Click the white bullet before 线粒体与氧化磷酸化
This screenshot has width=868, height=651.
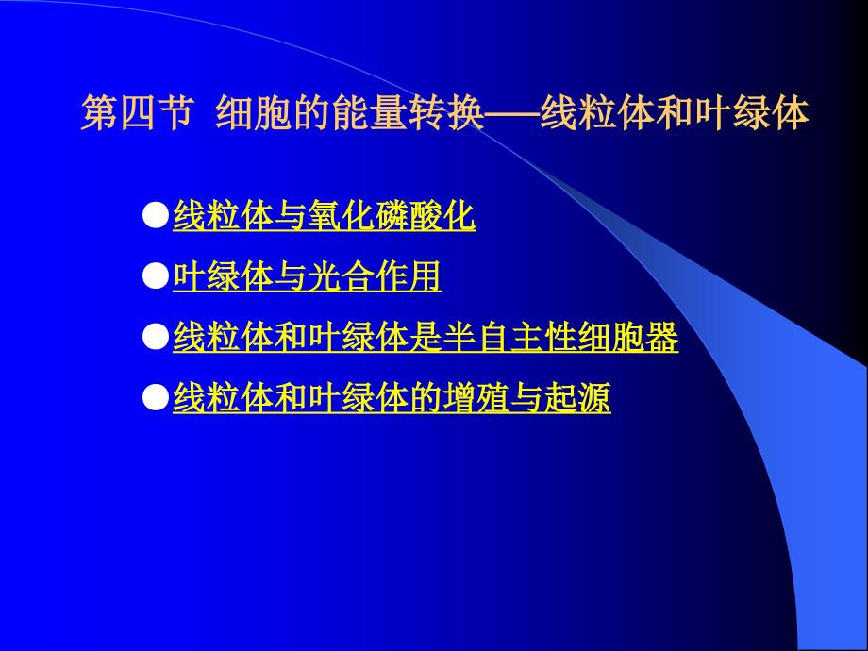click(x=156, y=215)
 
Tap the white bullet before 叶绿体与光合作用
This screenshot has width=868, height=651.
click(x=156, y=275)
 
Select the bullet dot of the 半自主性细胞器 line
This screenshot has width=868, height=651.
click(x=156, y=337)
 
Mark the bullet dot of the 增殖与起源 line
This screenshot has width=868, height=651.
click(x=156, y=397)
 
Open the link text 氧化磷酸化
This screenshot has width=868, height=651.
click(x=392, y=215)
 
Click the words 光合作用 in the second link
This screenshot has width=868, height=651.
click(x=375, y=275)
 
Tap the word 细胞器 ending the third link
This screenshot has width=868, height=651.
click(x=627, y=337)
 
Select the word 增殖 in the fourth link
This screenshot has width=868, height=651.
click(x=476, y=397)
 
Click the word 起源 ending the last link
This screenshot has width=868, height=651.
click(x=577, y=397)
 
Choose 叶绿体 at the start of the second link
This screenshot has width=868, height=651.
click(x=223, y=275)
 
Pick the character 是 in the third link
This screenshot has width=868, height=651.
click(x=426, y=337)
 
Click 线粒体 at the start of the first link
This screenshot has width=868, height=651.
click(x=223, y=215)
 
